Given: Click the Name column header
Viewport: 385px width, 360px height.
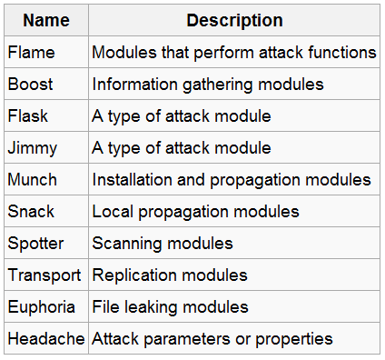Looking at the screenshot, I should (45, 20).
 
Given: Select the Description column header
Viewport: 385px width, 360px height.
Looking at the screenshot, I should (234, 20).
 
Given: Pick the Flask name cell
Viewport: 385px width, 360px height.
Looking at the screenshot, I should (27, 116).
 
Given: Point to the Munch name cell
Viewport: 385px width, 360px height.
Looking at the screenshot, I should (32, 180).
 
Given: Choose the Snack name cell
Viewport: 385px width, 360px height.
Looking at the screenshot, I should (31, 212).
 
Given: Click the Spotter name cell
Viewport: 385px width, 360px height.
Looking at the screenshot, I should (35, 244).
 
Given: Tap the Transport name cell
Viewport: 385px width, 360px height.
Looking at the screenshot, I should (44, 275).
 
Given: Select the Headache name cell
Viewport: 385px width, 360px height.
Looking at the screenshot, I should (45, 338).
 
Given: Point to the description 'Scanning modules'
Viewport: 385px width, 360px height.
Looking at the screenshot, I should (163, 244).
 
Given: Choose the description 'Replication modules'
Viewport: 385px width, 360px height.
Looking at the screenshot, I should (170, 275).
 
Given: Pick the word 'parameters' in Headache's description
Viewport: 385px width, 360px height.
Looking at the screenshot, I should (182, 338).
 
